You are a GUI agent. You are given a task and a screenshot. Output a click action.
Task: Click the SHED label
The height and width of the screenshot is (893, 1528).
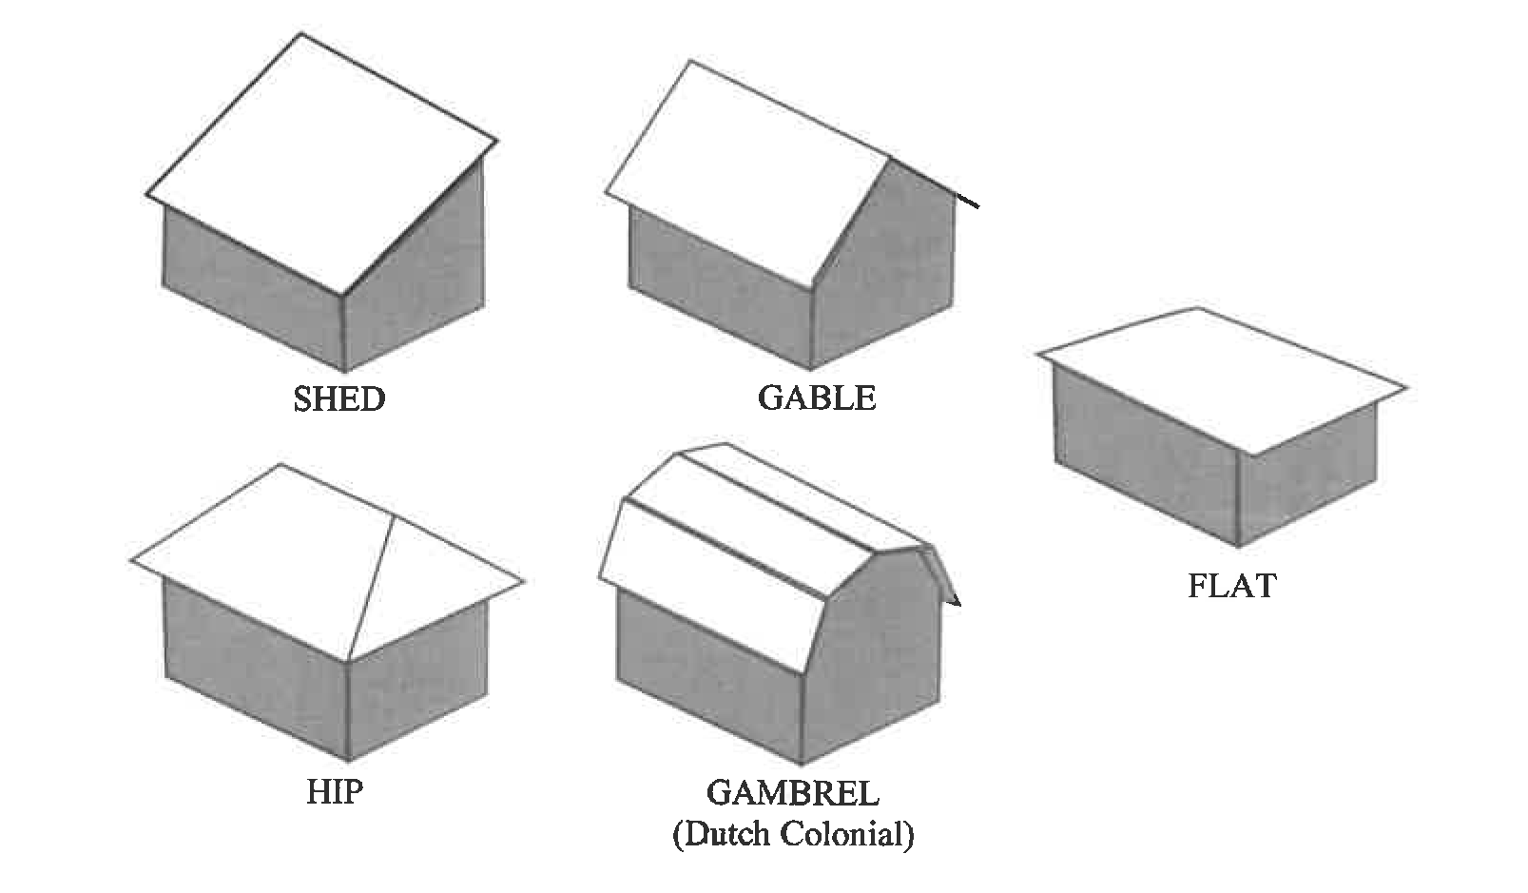[338, 398]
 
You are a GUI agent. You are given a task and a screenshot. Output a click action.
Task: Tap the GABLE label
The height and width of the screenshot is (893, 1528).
[816, 398]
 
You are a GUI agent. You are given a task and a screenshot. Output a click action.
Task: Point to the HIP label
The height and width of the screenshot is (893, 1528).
[335, 791]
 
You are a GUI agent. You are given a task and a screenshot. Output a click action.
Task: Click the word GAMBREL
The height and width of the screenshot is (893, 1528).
[792, 792]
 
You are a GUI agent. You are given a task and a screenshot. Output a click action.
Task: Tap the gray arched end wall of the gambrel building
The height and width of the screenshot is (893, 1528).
[875, 647]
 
